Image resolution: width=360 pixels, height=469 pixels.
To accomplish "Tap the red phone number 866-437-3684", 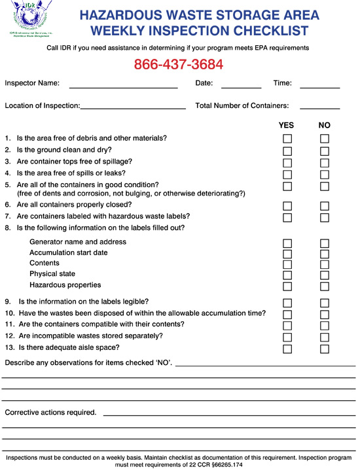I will [179, 65].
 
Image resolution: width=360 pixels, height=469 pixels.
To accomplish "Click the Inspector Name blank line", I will [123, 86].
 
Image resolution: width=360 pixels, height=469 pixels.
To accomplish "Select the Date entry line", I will [241, 86].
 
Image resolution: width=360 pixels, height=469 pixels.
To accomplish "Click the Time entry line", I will [320, 86].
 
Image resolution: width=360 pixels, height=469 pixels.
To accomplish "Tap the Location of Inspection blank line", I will [133, 108].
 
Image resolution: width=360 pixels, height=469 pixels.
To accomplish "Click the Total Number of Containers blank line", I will [320, 108].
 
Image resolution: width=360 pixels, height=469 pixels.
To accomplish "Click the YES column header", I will [286, 125].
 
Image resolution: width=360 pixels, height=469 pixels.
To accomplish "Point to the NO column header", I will [325, 125].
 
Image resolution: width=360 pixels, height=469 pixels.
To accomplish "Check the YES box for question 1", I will [287, 139].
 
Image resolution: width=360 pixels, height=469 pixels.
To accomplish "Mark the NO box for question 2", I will [325, 150].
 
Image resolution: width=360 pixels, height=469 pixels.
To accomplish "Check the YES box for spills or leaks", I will [287, 174].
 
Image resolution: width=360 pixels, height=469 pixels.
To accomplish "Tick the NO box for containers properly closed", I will [325, 206].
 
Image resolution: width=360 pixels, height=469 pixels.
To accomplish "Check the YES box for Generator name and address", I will [287, 243].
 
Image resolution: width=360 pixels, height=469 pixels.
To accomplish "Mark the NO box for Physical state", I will [325, 275].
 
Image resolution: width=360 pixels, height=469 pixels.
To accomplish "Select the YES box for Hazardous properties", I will [287, 287].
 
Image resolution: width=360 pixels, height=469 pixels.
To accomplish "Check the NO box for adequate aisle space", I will [325, 349].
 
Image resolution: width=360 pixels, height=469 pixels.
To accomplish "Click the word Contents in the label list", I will [45, 263].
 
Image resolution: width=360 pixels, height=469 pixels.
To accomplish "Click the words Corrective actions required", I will [50, 413].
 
